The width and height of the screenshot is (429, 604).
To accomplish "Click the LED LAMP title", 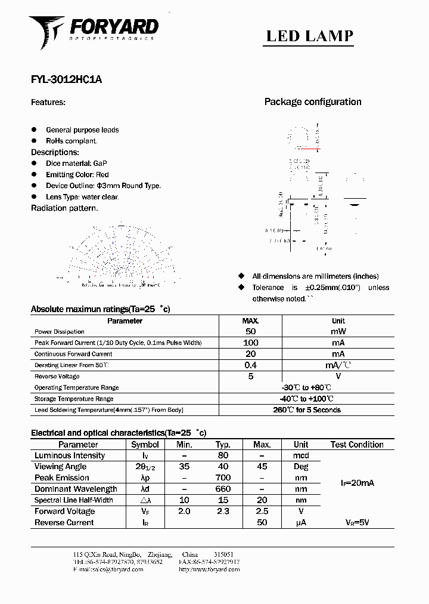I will (x=309, y=36).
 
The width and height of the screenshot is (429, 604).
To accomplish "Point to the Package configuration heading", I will (x=313, y=102).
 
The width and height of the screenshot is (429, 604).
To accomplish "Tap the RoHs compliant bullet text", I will (x=71, y=141).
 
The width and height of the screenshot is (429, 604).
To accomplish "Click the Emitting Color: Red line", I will (x=77, y=174).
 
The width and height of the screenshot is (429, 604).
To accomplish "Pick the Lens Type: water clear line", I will (x=82, y=197).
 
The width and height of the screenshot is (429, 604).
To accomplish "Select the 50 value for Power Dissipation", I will (x=251, y=331).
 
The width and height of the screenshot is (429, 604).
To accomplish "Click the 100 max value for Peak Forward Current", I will (x=251, y=343).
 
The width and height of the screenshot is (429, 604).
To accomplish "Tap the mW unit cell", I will (x=338, y=331).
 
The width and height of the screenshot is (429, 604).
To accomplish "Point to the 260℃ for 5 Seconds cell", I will (x=307, y=410).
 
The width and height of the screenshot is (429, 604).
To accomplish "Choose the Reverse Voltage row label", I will (x=57, y=377).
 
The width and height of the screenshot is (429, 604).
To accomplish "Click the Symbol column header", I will (x=145, y=445).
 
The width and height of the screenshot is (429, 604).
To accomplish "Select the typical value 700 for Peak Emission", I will (x=223, y=478).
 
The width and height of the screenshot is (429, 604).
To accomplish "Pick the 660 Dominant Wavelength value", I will (x=223, y=489).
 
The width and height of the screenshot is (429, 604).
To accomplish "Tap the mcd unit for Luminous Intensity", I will (x=301, y=456).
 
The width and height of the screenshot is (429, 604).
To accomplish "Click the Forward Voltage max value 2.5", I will (x=262, y=511).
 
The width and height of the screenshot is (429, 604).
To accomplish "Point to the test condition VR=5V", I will (x=356, y=523).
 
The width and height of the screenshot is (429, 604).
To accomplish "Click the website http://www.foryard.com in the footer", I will (x=209, y=569).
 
